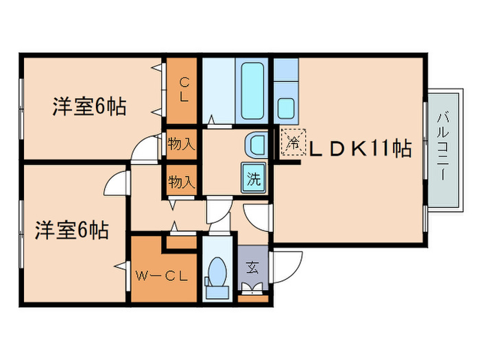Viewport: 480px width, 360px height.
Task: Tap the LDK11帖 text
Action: (x=359, y=147)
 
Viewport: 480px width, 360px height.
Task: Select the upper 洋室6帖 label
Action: (x=89, y=107)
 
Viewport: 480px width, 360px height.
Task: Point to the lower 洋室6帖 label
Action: (x=71, y=230)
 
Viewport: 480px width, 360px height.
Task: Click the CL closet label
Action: (x=184, y=90)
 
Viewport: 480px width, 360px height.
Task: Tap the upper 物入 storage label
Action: (x=182, y=144)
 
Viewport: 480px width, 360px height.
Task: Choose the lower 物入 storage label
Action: (x=182, y=182)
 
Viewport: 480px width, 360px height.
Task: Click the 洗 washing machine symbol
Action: (x=253, y=180)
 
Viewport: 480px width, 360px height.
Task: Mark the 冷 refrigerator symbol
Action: (x=291, y=145)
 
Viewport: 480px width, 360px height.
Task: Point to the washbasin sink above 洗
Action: (x=254, y=144)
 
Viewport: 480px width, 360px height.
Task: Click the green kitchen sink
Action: (x=287, y=108)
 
